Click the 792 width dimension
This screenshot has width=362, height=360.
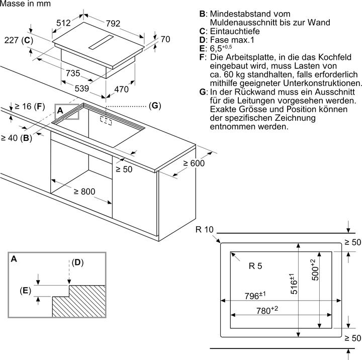pyautogui.click(x=113, y=23)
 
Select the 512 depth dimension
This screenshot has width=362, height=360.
pyautogui.click(x=63, y=23)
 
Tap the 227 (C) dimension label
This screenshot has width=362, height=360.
pyautogui.click(x=19, y=40)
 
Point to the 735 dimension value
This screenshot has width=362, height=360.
pyautogui.click(x=73, y=73)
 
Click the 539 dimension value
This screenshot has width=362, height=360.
pyautogui.click(x=82, y=88)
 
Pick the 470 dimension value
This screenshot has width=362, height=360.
pyautogui.click(x=122, y=89)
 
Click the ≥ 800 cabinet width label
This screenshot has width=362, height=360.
pyautogui.click(x=84, y=192)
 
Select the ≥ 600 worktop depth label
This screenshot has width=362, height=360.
pyautogui.click(x=194, y=163)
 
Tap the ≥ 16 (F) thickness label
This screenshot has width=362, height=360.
pyautogui.click(x=30, y=107)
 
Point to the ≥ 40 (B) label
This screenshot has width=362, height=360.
pyautogui.click(x=17, y=138)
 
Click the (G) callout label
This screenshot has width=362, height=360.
pyautogui.click(x=155, y=106)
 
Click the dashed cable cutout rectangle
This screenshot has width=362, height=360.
pyautogui.click(x=106, y=120)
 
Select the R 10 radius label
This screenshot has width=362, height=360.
pyautogui.click(x=205, y=230)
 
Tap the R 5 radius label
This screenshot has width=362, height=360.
pyautogui.click(x=255, y=266)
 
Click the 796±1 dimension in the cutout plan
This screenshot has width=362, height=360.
pyautogui.click(x=255, y=295)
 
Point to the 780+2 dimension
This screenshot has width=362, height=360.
pyautogui.click(x=267, y=310)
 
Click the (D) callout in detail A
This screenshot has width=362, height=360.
pyautogui.click(x=77, y=262)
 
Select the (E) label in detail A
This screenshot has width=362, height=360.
pyautogui.click(x=26, y=291)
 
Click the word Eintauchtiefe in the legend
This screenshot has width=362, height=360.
pyautogui.click(x=235, y=31)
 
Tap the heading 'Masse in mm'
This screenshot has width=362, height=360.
pyautogui.click(x=26, y=4)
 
